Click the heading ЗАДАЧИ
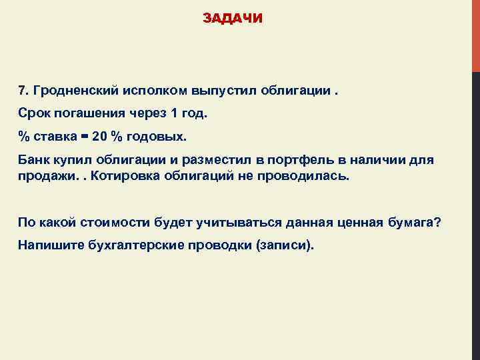(233, 19)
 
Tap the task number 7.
(22, 90)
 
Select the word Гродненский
(75, 90)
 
